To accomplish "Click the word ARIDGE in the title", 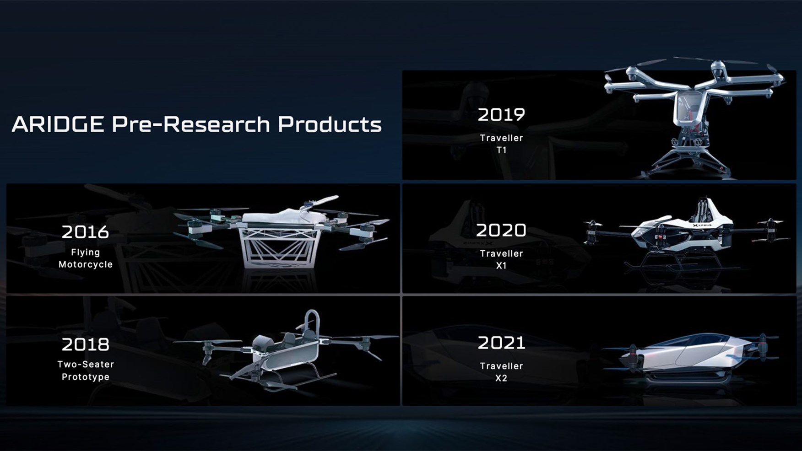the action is [58, 124].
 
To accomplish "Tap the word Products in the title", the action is [330, 124].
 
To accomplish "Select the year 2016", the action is [85, 232].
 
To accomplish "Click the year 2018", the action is [85, 344].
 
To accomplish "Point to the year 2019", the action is [501, 115].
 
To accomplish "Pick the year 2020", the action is [501, 231].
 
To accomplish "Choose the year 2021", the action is [501, 343].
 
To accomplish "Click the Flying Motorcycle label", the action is [85, 258].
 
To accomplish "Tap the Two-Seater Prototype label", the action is [85, 370].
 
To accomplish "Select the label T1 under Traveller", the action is [501, 150].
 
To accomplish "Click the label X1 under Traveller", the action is [501, 266].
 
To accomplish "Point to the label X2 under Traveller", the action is [501, 378].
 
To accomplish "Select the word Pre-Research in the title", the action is [191, 124].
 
